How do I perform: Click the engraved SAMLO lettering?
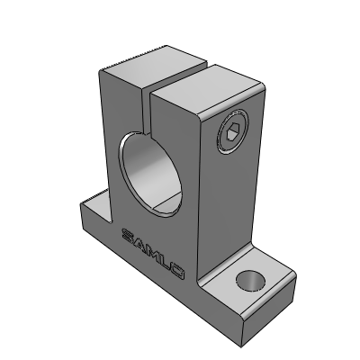point(153,254)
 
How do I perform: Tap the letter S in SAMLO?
point(128,234)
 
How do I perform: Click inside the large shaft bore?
point(150,174)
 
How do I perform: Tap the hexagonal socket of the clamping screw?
point(231,132)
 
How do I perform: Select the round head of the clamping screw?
point(233,131)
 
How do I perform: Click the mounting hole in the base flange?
point(251,281)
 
